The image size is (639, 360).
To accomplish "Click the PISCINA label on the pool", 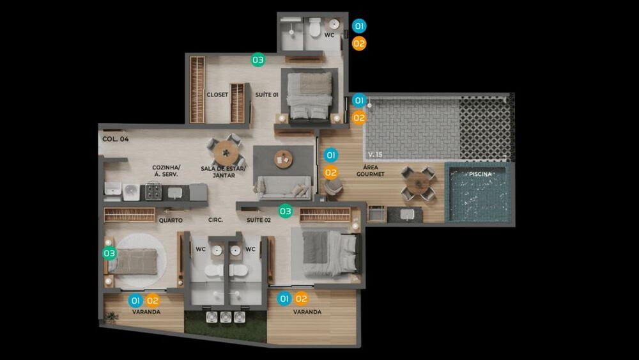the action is (480, 174).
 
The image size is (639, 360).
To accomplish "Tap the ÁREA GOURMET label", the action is (371, 171).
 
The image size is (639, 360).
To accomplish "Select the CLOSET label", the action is (217, 95).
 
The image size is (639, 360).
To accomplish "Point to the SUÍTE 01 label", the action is (267, 95).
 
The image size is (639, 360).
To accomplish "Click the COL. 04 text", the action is (115, 139).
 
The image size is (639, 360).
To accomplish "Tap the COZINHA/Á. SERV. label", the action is (166, 171).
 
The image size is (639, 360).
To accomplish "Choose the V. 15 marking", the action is (375, 155).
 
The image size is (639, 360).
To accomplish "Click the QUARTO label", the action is (171, 220).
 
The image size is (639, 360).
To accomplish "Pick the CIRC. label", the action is (215, 220).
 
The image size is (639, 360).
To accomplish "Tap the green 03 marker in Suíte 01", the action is (258, 60).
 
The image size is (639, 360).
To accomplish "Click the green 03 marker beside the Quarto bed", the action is (109, 253).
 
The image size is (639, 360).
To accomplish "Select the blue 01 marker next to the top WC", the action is (359, 26).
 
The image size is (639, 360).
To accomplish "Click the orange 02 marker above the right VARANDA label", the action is (301, 299).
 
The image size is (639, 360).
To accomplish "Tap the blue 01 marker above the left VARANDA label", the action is (135, 301).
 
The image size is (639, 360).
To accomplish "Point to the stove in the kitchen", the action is (153, 191).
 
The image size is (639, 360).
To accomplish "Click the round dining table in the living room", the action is (226, 153).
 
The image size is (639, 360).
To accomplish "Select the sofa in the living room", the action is (283, 188).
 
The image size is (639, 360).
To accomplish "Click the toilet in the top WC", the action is (314, 27).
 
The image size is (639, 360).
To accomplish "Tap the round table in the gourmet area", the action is (419, 184).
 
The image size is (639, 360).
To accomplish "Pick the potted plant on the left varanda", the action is (111, 317).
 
